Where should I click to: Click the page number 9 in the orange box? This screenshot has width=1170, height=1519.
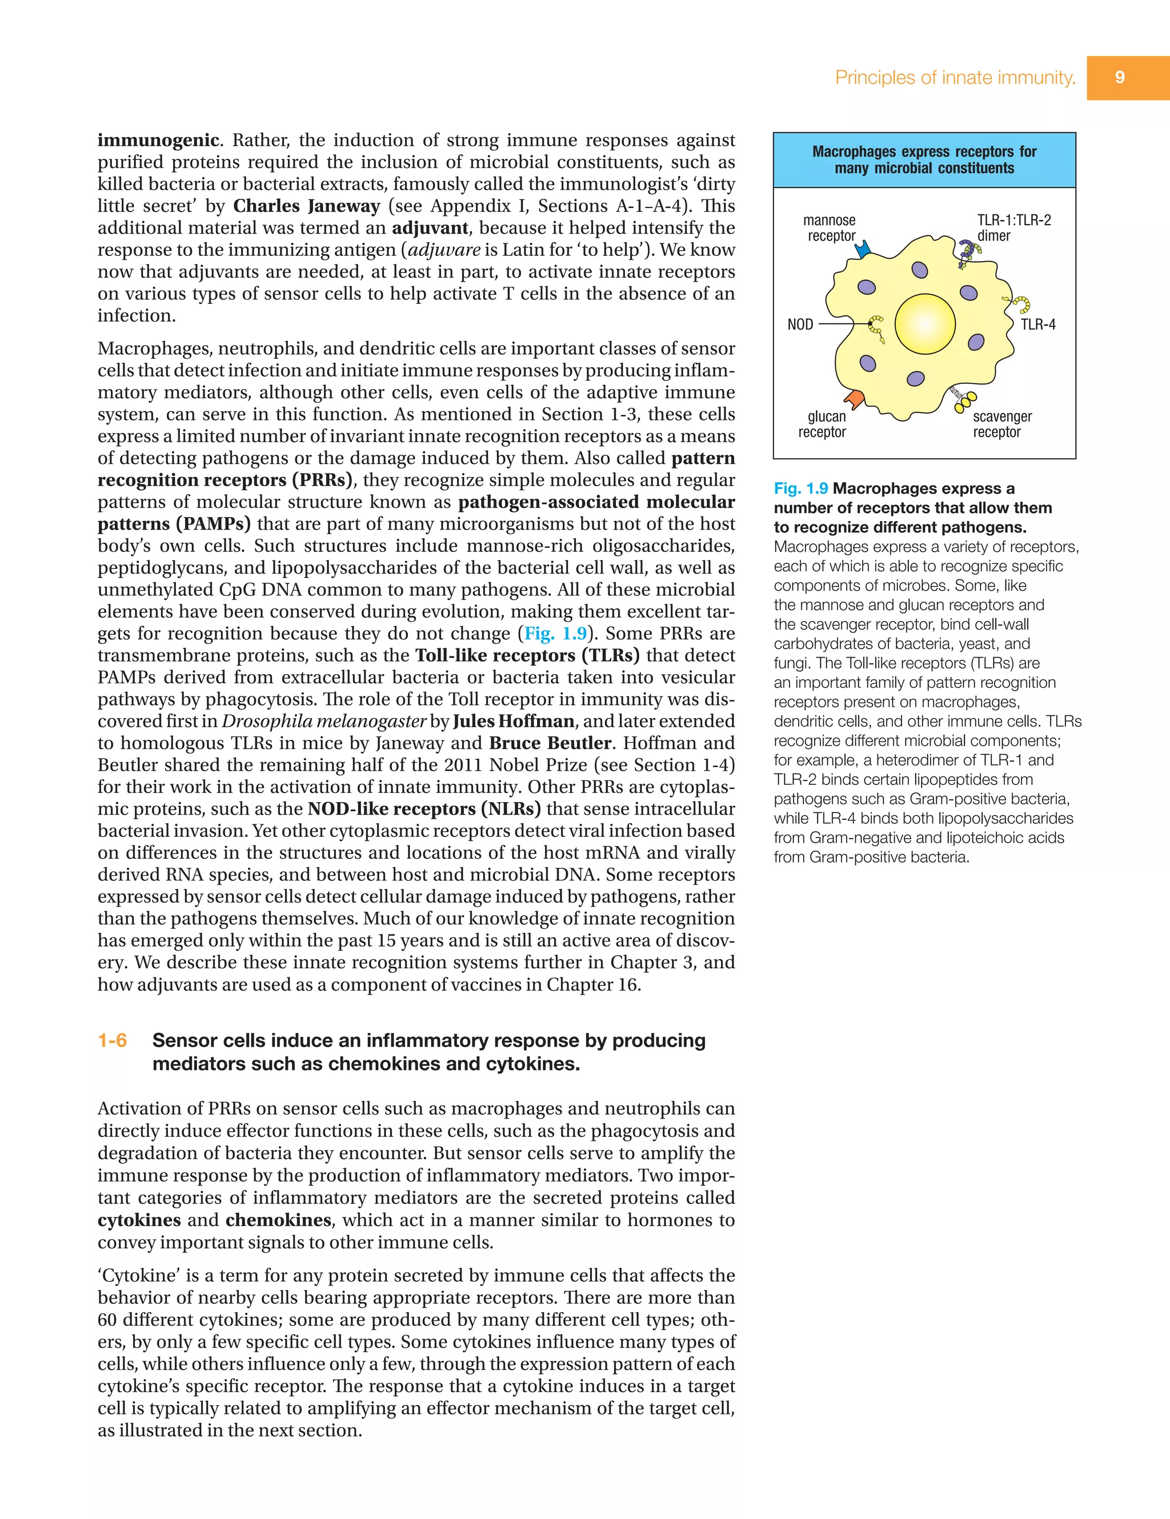pyautogui.click(x=1119, y=77)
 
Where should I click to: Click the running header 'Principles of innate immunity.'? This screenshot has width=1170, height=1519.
pyautogui.click(x=955, y=77)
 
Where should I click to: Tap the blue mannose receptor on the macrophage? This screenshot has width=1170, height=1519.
pyautogui.click(x=863, y=249)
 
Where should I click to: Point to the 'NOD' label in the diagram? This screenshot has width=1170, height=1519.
pyautogui.click(x=800, y=324)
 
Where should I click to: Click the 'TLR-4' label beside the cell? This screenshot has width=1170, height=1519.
pyautogui.click(x=1038, y=324)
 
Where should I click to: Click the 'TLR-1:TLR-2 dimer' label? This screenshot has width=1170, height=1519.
pyautogui.click(x=1013, y=227)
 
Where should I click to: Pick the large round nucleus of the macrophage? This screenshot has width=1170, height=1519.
pyautogui.click(x=924, y=324)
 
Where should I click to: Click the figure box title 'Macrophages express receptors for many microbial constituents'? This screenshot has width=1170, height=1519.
pyautogui.click(x=924, y=160)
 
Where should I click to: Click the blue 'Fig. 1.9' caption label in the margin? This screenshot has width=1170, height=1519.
pyautogui.click(x=800, y=488)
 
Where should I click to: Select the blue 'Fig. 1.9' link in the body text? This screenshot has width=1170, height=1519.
pyautogui.click(x=555, y=634)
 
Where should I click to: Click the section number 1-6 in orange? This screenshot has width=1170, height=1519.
pyautogui.click(x=112, y=1040)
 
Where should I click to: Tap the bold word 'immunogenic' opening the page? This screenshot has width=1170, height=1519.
pyautogui.click(x=158, y=141)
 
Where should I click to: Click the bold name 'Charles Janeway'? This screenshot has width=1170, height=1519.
pyautogui.click(x=306, y=206)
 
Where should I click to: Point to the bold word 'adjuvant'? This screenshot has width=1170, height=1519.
pyautogui.click(x=430, y=228)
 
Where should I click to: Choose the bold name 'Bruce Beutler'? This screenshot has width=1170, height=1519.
pyautogui.click(x=550, y=743)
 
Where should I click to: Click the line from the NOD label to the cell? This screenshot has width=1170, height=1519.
pyautogui.click(x=843, y=324)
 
